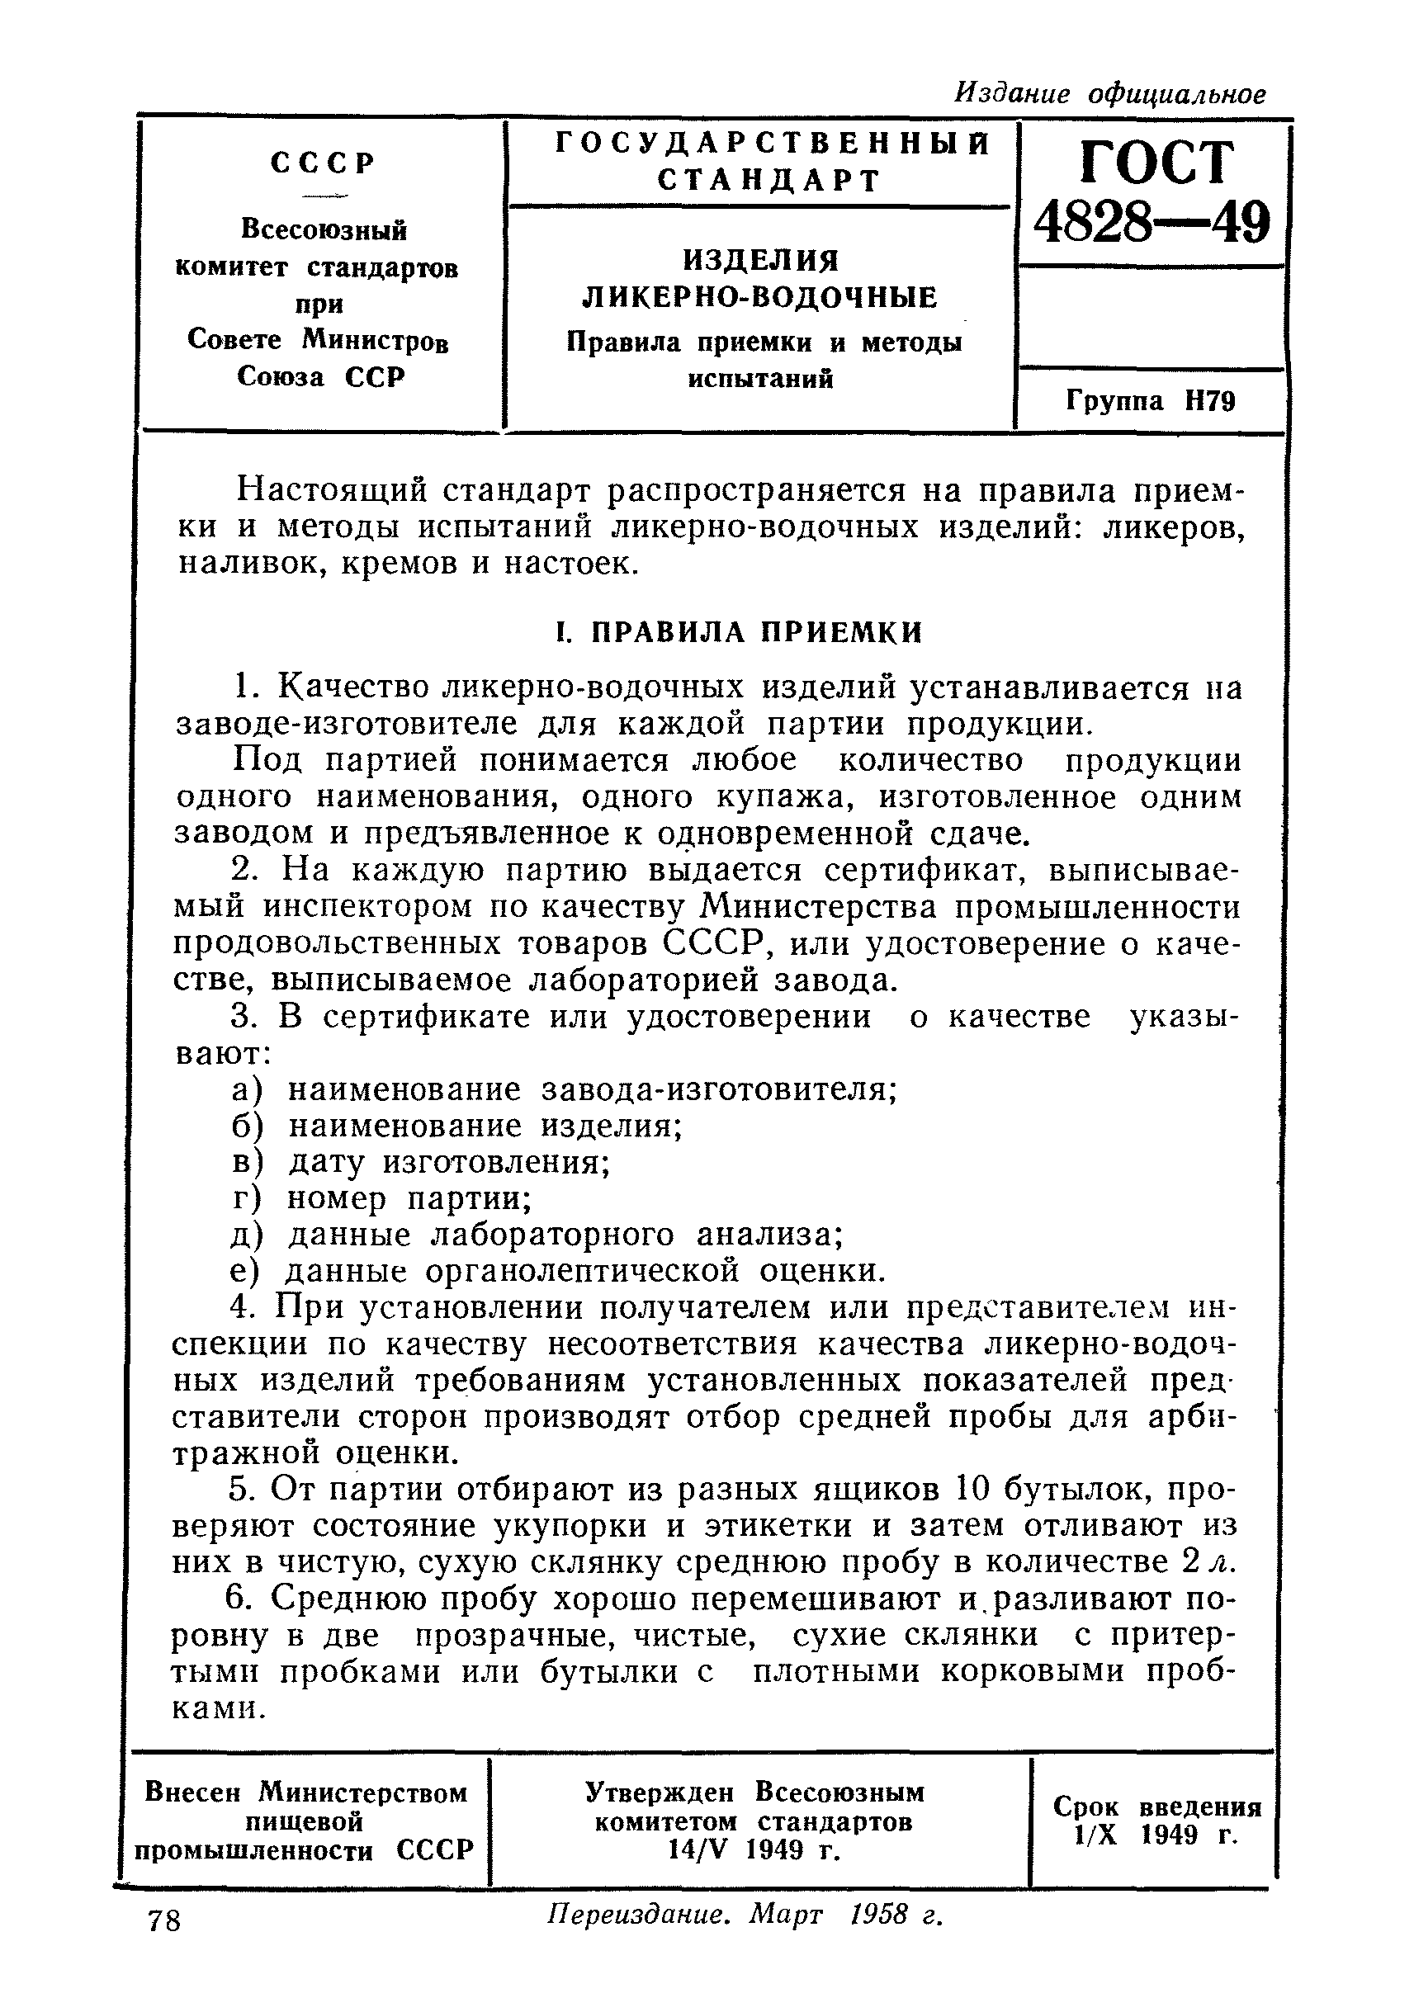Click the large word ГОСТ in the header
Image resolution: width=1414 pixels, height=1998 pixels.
click(1156, 163)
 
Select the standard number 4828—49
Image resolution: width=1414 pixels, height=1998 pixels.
click(1152, 223)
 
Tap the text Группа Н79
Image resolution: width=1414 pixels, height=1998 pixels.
click(1150, 401)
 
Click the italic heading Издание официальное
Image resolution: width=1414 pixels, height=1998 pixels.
click(1110, 93)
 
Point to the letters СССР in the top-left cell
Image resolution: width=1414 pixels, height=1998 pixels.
click(323, 163)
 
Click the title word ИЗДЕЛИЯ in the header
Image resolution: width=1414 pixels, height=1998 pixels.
click(760, 259)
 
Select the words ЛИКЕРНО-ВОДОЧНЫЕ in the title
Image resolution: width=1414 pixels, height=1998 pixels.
click(759, 298)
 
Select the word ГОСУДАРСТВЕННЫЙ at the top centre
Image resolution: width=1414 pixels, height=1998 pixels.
click(773, 144)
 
